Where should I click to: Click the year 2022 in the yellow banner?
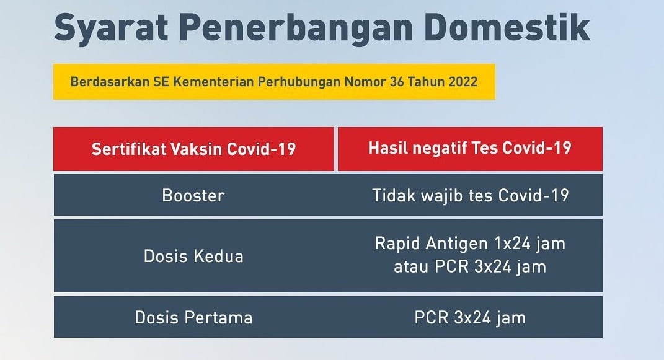coord(462,81)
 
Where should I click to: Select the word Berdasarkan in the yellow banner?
coord(106,81)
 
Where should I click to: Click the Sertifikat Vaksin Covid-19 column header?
coord(193,149)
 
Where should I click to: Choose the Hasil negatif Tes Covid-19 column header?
coord(469,149)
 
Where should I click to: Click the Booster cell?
coord(193,196)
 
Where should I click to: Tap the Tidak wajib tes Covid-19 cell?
coord(470,196)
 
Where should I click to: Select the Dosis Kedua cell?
coord(193,256)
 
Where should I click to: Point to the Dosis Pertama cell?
coord(193,318)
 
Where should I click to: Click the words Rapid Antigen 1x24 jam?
coord(470,244)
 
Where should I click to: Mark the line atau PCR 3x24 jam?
coord(470,267)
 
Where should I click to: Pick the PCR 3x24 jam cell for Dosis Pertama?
coord(470,318)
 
